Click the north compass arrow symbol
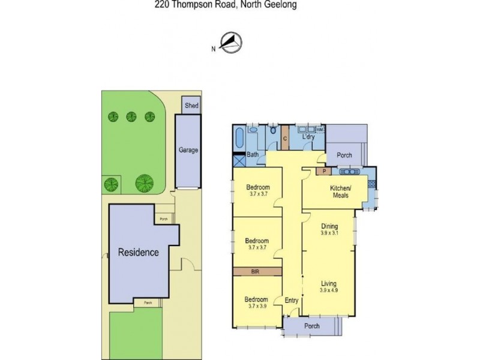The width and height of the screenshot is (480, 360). (x=230, y=41)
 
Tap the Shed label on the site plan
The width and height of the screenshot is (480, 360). (x=191, y=106)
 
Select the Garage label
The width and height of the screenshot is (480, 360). (x=188, y=151)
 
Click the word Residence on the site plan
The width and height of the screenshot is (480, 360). (x=139, y=253)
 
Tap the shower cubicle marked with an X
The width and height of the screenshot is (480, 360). (x=239, y=160)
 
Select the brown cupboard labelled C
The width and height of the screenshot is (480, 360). (x=284, y=139)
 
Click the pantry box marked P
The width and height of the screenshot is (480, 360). (x=324, y=171)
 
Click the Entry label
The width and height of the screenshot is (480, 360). (x=292, y=301)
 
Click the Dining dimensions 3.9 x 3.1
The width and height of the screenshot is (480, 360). (x=329, y=233)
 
